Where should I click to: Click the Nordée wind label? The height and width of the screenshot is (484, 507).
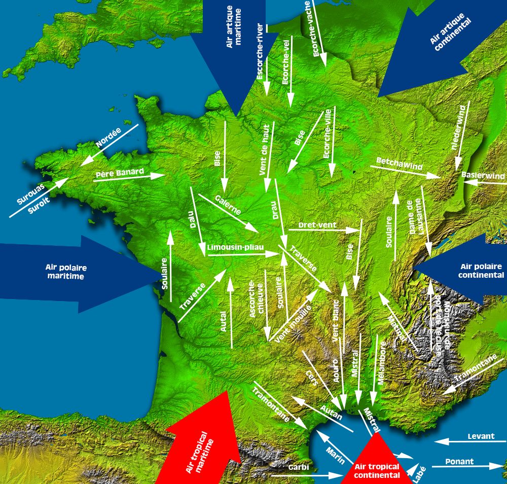[108, 138]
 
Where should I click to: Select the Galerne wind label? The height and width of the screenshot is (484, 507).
[228, 204]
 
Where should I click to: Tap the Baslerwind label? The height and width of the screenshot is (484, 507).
[483, 176]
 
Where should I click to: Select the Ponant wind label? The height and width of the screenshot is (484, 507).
[459, 462]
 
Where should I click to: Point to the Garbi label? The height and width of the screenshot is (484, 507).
[299, 467]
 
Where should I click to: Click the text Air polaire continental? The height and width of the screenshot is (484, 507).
[480, 271]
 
